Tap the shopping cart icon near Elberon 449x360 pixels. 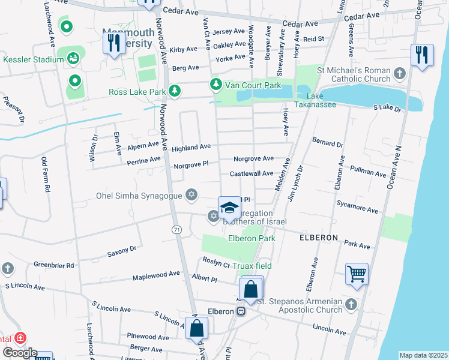tap(357, 274)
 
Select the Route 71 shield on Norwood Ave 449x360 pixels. tap(176, 229)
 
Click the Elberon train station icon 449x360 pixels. tap(241, 311)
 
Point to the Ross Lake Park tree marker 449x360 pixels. tap(174, 91)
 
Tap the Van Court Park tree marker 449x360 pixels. tap(215, 85)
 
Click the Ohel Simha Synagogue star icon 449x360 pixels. tap(191, 194)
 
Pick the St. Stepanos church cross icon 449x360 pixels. tap(351, 304)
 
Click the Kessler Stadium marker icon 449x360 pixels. tap(73, 59)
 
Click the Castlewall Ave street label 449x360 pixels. tap(252, 173)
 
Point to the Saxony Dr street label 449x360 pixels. tap(122, 249)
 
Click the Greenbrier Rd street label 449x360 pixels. tap(53, 265)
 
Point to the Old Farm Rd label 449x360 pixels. tap(44, 175)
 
